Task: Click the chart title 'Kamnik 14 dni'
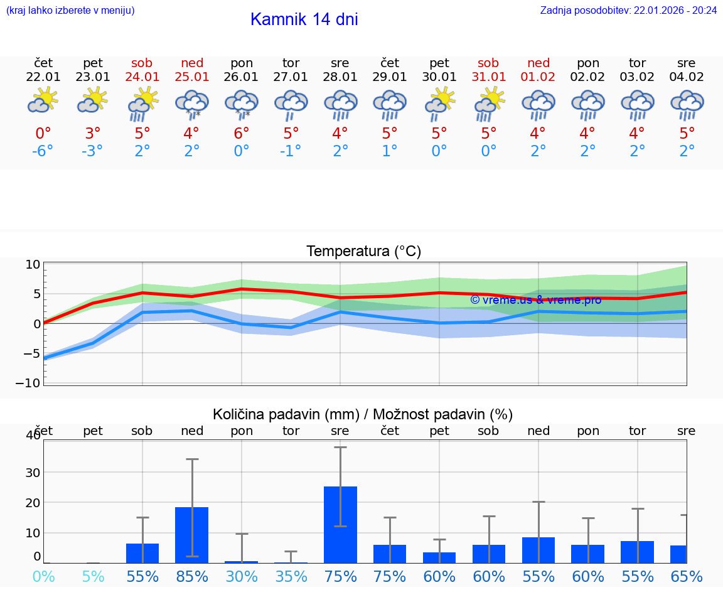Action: [304, 19]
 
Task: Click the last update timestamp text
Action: [628, 10]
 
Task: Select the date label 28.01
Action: [340, 77]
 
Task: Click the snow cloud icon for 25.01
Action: [191, 104]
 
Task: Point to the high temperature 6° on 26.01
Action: [242, 133]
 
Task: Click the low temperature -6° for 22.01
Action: [43, 151]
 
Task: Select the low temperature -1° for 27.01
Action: [291, 151]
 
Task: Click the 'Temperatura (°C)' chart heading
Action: [363, 252]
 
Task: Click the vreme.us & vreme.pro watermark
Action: [535, 300]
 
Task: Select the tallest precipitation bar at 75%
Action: [340, 524]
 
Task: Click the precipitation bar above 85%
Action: [191, 534]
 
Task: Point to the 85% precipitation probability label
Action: [191, 576]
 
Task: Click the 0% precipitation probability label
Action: [43, 576]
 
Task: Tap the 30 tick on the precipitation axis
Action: [33, 472]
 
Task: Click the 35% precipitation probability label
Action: [291, 576]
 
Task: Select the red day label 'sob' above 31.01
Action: [488, 63]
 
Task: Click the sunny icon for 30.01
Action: [439, 102]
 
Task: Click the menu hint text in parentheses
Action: [70, 10]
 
